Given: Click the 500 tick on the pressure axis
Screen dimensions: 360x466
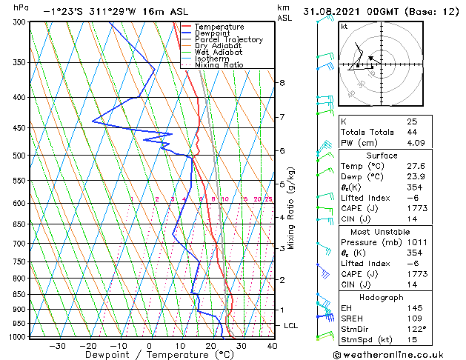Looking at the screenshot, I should click(20, 156).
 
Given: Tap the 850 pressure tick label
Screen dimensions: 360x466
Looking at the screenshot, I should click(20, 294).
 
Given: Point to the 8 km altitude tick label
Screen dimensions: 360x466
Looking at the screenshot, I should click(282, 83).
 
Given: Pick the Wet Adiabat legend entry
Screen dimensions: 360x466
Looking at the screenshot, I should click(219, 52).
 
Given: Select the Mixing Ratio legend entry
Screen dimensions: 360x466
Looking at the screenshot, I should click(219, 64).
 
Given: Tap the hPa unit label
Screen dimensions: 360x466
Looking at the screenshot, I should click(21, 7).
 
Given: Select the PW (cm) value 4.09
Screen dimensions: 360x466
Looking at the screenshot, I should click(415, 143).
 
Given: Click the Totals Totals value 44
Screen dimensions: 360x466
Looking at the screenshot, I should click(411, 132).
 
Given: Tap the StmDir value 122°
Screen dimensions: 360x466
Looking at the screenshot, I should click(416, 330).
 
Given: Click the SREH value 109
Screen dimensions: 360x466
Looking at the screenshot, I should click(413, 319).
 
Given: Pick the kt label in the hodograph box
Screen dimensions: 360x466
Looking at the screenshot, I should click(344, 26).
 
